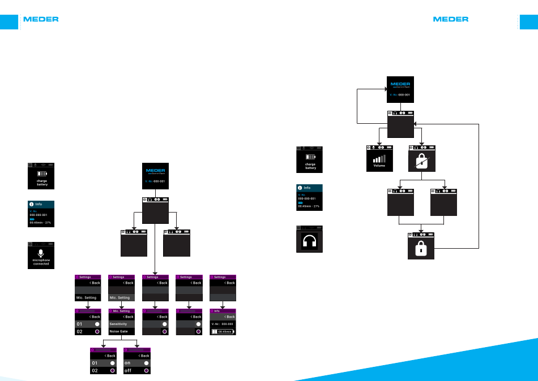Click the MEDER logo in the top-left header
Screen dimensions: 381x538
point(41,19)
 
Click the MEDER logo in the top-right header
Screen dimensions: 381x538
point(451,19)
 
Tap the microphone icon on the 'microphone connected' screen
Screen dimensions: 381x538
point(41,252)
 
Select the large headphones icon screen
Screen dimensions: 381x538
point(310,240)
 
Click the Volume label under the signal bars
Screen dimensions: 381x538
point(379,166)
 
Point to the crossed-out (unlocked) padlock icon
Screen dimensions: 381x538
point(422,161)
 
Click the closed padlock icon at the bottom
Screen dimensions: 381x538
point(421,249)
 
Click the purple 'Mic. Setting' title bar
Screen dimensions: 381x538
point(121,311)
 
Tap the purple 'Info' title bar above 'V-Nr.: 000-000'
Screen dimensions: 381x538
point(223,311)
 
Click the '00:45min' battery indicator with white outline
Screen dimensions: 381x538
point(223,331)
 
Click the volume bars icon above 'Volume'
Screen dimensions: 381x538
point(379,159)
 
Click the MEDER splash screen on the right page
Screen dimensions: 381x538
point(400,89)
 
